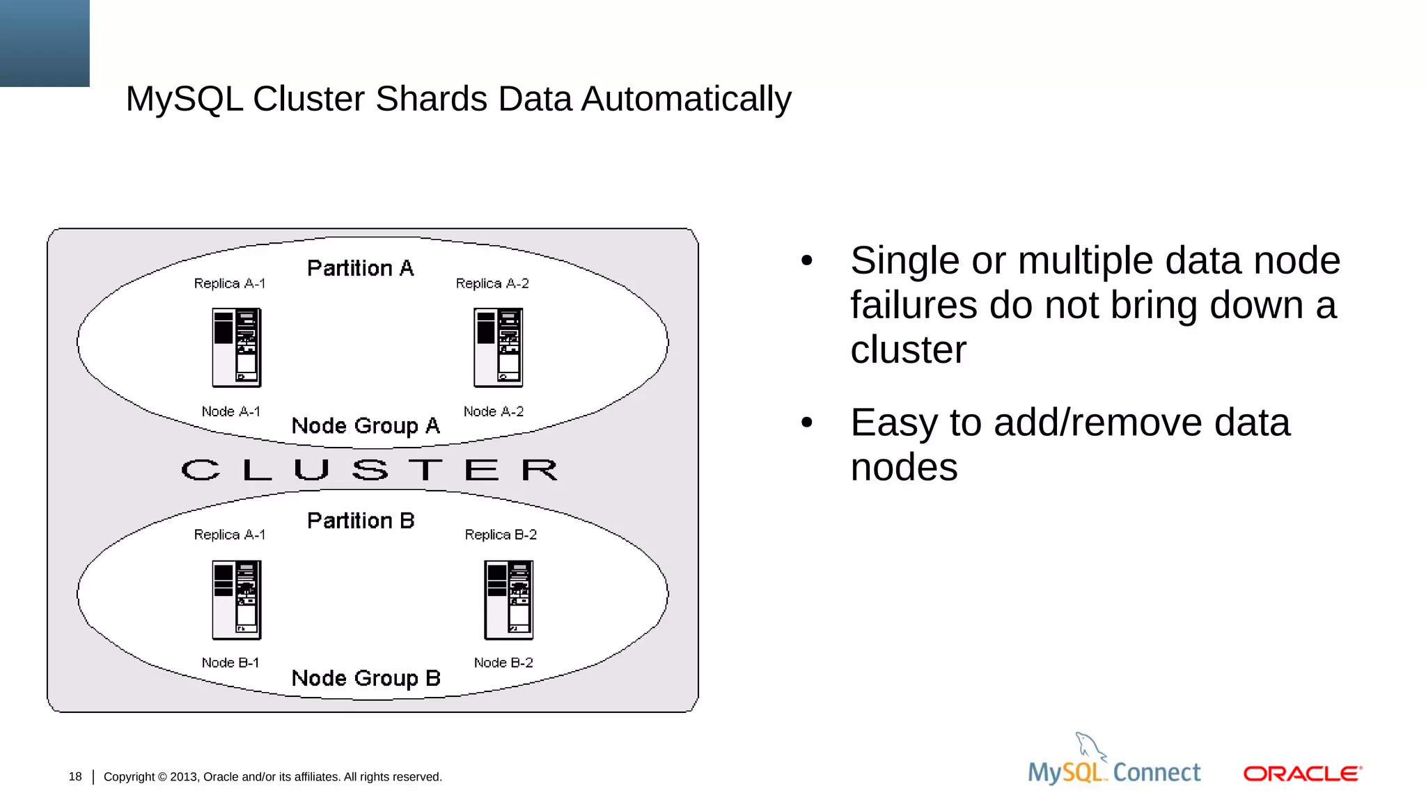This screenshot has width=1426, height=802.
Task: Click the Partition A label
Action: click(x=360, y=268)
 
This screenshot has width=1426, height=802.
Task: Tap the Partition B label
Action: click(x=361, y=521)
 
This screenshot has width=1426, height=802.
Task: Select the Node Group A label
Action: click(x=366, y=425)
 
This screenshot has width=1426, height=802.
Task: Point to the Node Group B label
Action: click(x=366, y=678)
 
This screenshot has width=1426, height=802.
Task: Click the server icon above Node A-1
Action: click(x=237, y=347)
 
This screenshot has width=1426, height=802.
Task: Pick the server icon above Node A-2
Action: click(x=499, y=347)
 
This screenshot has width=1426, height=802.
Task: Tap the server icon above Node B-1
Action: click(x=237, y=599)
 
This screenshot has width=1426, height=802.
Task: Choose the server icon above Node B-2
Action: click(x=509, y=599)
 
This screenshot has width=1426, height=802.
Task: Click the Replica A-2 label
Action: click(x=492, y=283)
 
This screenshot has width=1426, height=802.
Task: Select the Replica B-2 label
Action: click(x=501, y=535)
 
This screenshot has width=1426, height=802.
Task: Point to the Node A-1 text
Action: click(x=230, y=411)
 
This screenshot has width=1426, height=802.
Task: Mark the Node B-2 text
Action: click(x=503, y=663)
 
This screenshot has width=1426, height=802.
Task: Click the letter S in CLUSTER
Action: click(x=370, y=470)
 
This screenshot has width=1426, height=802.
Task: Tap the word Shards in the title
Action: click(x=431, y=99)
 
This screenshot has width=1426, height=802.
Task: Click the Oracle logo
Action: click(x=1302, y=773)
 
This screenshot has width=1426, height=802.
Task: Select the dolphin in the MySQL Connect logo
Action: click(x=1090, y=746)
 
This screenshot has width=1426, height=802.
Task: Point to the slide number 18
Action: click(x=75, y=776)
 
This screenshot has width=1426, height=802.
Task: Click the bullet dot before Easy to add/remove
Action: click(x=807, y=422)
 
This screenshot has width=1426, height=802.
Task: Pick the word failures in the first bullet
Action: click(x=914, y=305)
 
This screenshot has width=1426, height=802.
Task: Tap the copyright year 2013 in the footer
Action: click(x=183, y=777)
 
